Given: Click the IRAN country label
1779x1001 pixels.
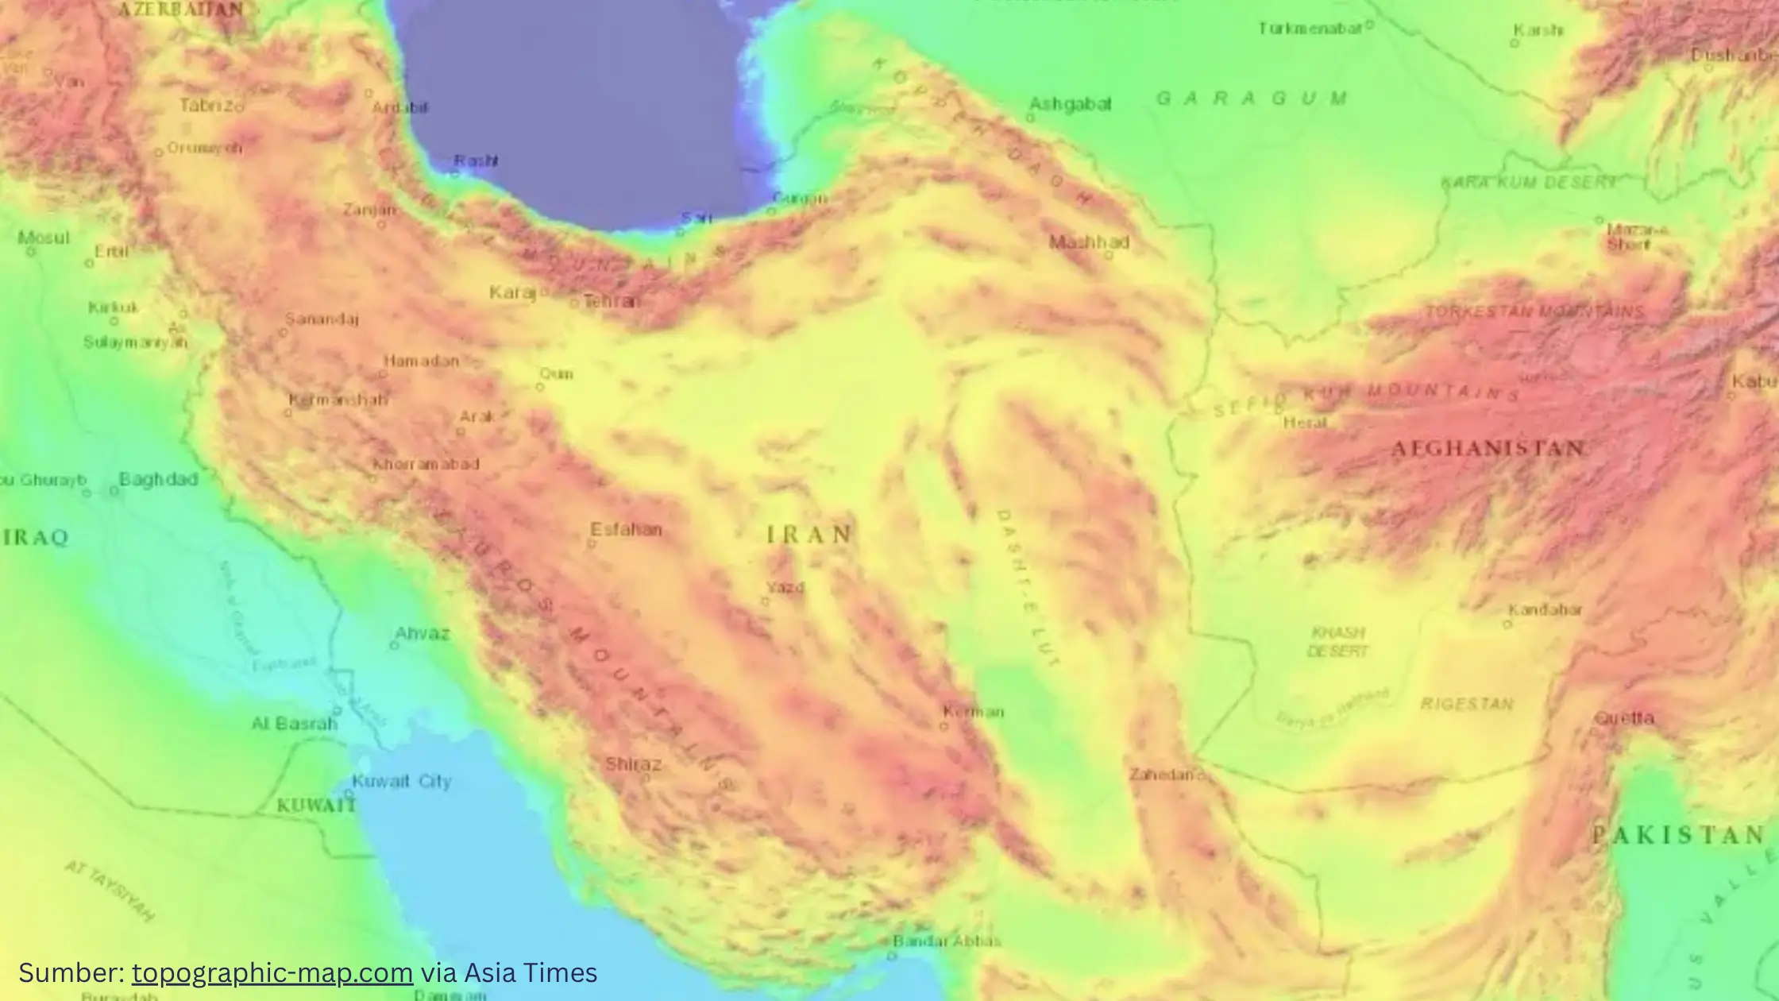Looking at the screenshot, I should click(809, 535).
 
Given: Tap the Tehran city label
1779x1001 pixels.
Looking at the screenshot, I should click(612, 301).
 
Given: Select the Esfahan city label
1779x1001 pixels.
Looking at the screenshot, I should click(626, 529).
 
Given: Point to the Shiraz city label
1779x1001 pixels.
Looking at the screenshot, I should click(633, 764).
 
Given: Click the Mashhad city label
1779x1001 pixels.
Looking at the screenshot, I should click(1089, 242).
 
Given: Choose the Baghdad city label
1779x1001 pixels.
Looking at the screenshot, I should click(158, 479).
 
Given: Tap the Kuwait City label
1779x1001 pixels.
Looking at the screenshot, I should click(401, 781).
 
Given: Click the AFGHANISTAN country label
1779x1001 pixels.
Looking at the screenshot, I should click(1488, 449).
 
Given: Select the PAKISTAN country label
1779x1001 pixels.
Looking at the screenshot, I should click(1678, 835).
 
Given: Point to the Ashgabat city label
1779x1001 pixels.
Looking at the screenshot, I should click(1070, 104).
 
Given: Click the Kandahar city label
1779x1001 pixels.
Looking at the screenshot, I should click(1545, 610).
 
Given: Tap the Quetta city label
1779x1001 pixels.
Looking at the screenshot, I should click(1624, 718).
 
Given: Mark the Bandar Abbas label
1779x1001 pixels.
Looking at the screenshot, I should click(946, 941).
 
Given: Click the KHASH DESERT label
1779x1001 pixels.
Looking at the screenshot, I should click(1338, 642).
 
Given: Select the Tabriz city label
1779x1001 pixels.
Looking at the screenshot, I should click(209, 105).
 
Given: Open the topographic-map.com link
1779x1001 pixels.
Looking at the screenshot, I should click(272, 972).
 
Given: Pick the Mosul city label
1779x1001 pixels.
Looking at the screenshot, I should click(44, 238).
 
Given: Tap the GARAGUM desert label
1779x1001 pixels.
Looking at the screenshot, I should click(1252, 99).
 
